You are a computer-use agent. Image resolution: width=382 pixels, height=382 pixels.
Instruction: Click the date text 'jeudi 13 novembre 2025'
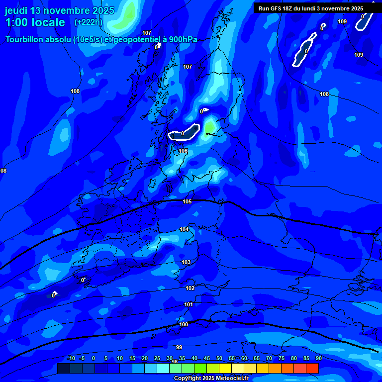click(x=60, y=10)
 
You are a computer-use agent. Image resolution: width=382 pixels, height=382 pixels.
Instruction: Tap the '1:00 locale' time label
click(x=35, y=22)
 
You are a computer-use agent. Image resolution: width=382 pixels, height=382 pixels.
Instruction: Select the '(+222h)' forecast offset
click(x=89, y=22)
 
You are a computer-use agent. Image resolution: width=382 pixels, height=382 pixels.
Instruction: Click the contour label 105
click(x=187, y=201)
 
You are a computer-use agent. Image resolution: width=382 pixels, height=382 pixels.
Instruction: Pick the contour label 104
click(x=184, y=229)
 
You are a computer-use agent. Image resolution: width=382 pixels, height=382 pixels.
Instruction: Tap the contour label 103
click(x=186, y=262)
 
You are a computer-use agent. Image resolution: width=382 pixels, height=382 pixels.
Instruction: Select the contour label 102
click(x=190, y=288)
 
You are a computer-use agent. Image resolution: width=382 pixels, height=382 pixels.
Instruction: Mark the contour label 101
click(x=189, y=304)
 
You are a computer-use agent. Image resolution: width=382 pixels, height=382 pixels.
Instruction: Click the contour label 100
click(x=184, y=324)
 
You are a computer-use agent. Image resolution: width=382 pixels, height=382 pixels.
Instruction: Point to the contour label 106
click(x=183, y=151)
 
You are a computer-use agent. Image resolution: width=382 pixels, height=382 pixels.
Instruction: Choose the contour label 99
click(x=179, y=347)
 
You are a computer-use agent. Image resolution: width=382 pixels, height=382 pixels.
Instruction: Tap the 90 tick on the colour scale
click(x=318, y=358)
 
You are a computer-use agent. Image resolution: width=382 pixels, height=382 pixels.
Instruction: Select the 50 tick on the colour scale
click(x=219, y=358)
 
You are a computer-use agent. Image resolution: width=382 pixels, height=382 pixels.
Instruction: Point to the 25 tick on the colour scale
click(x=157, y=358)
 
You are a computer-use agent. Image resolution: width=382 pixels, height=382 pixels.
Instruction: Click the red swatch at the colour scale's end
click(x=312, y=368)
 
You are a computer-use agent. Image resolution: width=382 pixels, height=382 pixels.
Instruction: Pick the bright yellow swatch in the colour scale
click(x=225, y=368)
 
